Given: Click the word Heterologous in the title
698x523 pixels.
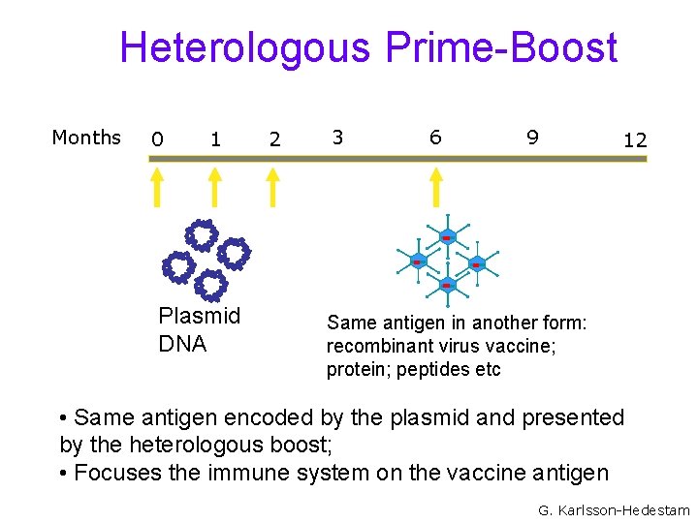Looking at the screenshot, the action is pyautogui.click(x=246, y=47).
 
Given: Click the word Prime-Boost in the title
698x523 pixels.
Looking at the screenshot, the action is pyautogui.click(x=501, y=47).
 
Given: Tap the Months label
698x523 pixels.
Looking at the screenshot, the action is pyautogui.click(x=86, y=138).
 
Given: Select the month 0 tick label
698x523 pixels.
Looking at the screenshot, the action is pyautogui.click(x=156, y=139).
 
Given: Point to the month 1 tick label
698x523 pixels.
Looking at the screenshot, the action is pyautogui.click(x=215, y=139).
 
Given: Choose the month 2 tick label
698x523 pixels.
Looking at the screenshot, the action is pyautogui.click(x=274, y=139).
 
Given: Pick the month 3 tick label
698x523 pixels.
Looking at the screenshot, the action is pyautogui.click(x=337, y=138).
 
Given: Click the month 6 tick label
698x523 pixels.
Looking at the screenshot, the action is pyautogui.click(x=435, y=138).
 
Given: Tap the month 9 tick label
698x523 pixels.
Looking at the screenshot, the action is pyautogui.click(x=532, y=138).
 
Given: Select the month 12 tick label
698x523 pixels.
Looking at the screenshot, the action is pyautogui.click(x=635, y=140).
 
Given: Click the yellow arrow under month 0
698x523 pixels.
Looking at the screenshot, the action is pyautogui.click(x=156, y=186).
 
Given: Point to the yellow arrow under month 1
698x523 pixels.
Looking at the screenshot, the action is pyautogui.click(x=215, y=186).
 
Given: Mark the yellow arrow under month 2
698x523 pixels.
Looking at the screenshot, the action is pyautogui.click(x=273, y=186).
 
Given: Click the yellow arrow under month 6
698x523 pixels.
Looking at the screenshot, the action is pyautogui.click(x=435, y=186).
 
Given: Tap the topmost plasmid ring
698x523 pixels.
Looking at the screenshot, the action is pyautogui.click(x=202, y=234).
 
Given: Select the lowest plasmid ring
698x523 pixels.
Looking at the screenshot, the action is pyautogui.click(x=209, y=285).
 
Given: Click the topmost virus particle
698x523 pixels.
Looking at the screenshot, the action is pyautogui.click(x=447, y=237).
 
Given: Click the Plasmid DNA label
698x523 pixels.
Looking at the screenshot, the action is pyautogui.click(x=199, y=329).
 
